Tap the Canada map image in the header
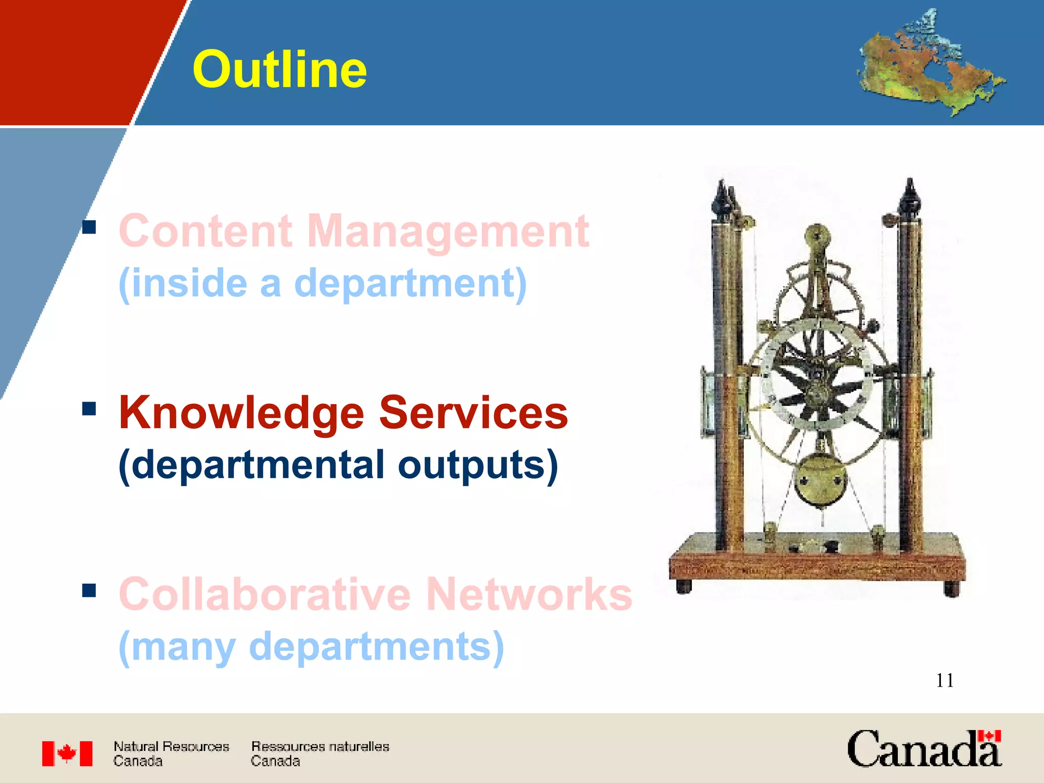[930, 64]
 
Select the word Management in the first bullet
[448, 232]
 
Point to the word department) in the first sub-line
[410, 283]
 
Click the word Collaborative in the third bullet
[265, 594]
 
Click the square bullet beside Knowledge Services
[89, 409]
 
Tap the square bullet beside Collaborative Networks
[89, 590]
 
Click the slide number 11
[945, 681]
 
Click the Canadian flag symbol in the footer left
[67, 753]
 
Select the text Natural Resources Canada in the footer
[171, 753]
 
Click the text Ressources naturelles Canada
[320, 753]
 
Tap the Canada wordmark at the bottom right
[924, 749]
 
